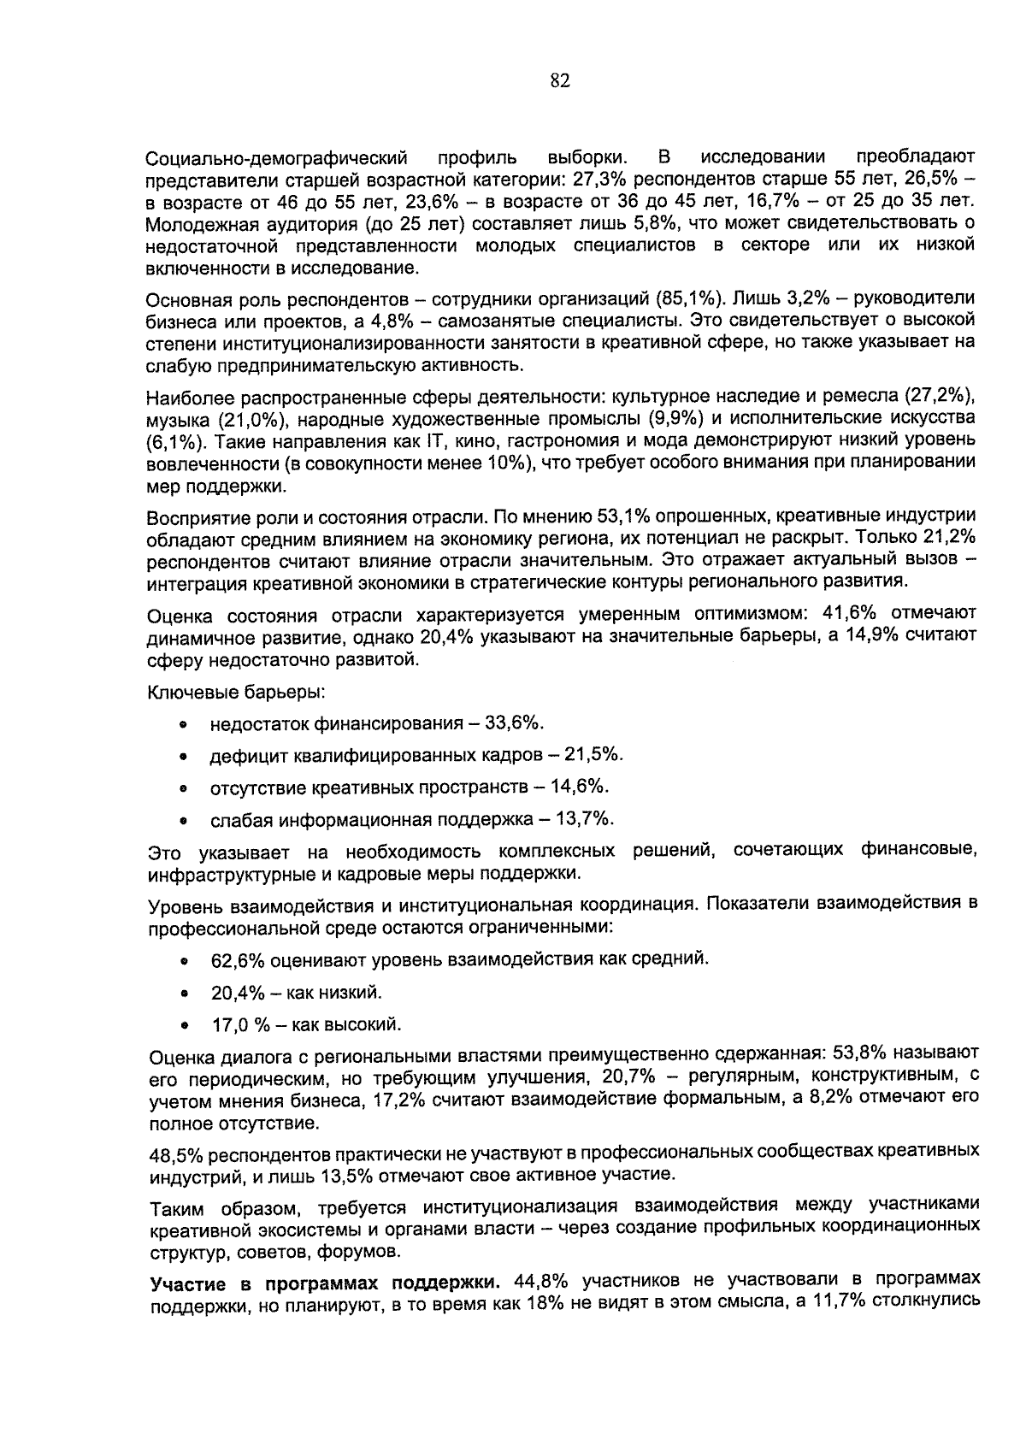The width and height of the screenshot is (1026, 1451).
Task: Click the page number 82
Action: point(559,81)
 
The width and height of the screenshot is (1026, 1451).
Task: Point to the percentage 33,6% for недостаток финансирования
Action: point(512,723)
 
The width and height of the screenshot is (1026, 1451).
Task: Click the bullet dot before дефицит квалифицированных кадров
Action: point(184,757)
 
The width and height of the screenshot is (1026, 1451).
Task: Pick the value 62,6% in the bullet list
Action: point(238,959)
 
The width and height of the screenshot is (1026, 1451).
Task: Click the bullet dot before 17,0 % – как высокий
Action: point(184,1025)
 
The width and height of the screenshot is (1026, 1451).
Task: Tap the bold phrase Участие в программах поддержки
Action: point(325,1284)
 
